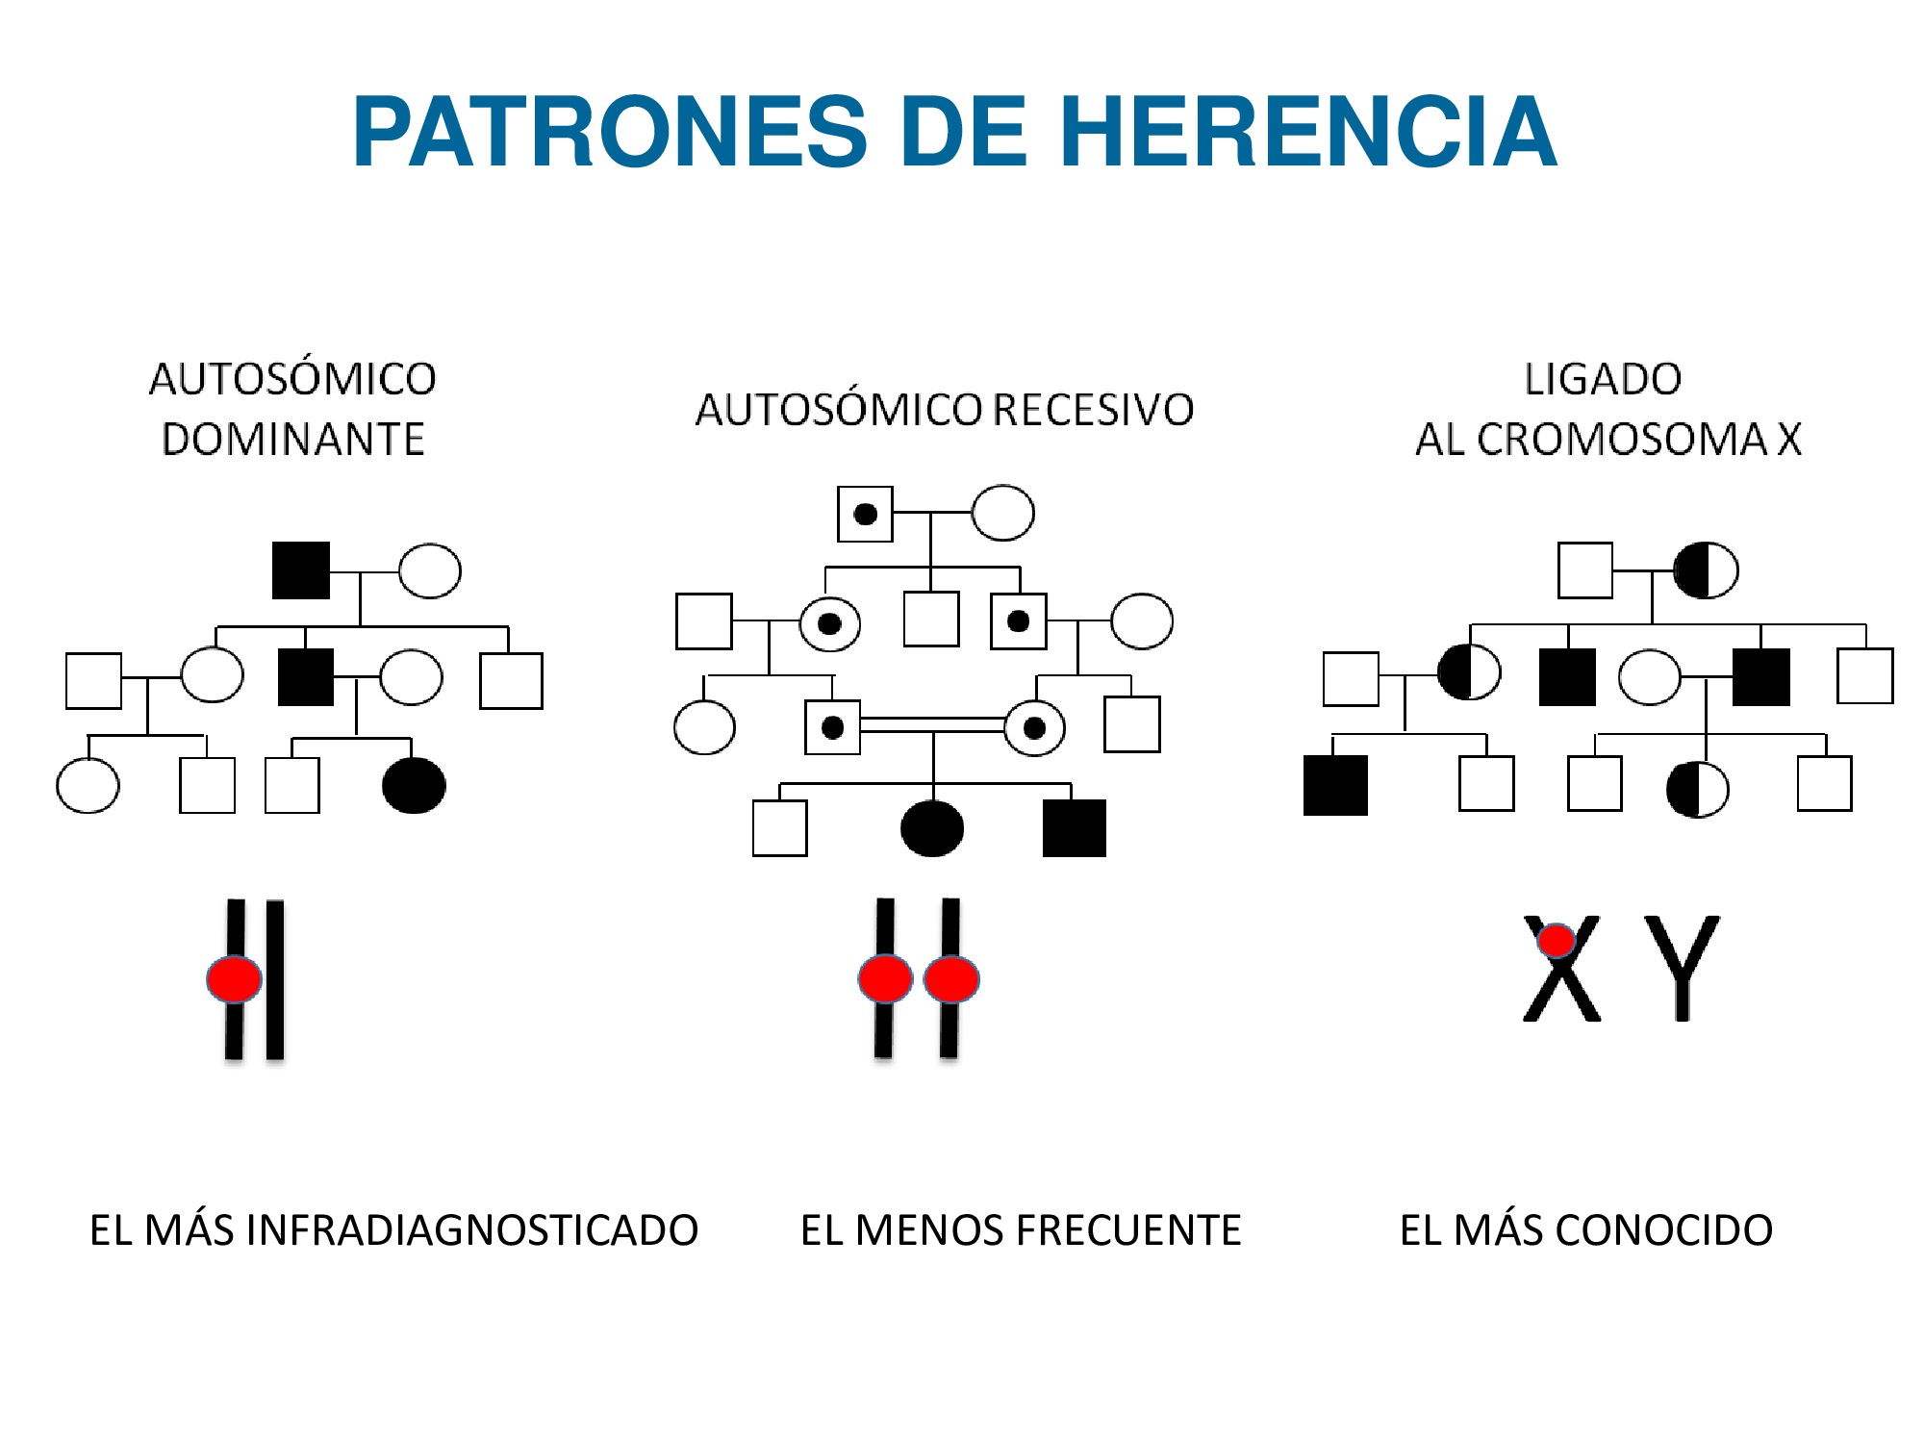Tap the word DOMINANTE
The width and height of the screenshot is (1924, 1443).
(292, 440)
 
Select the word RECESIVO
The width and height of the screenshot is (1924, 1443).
(1093, 410)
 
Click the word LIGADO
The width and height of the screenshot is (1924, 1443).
(1603, 379)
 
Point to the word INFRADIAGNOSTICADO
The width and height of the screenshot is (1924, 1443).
(471, 1230)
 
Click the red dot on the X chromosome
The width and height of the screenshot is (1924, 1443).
(1556, 940)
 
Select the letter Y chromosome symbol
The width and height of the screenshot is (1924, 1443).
(1681, 967)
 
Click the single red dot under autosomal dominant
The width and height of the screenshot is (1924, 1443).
(234, 979)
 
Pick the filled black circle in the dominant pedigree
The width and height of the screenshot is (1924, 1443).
(414, 785)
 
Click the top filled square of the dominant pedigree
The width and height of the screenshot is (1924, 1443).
(301, 570)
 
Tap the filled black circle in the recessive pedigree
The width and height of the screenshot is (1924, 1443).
(931, 827)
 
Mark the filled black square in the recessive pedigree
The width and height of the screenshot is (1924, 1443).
(1074, 827)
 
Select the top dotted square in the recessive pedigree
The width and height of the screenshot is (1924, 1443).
(865, 514)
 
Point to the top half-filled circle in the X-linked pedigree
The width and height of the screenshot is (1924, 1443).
(1706, 570)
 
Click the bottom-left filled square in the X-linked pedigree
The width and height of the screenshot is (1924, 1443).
(1335, 785)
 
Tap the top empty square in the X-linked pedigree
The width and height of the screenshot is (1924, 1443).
(1584, 570)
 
